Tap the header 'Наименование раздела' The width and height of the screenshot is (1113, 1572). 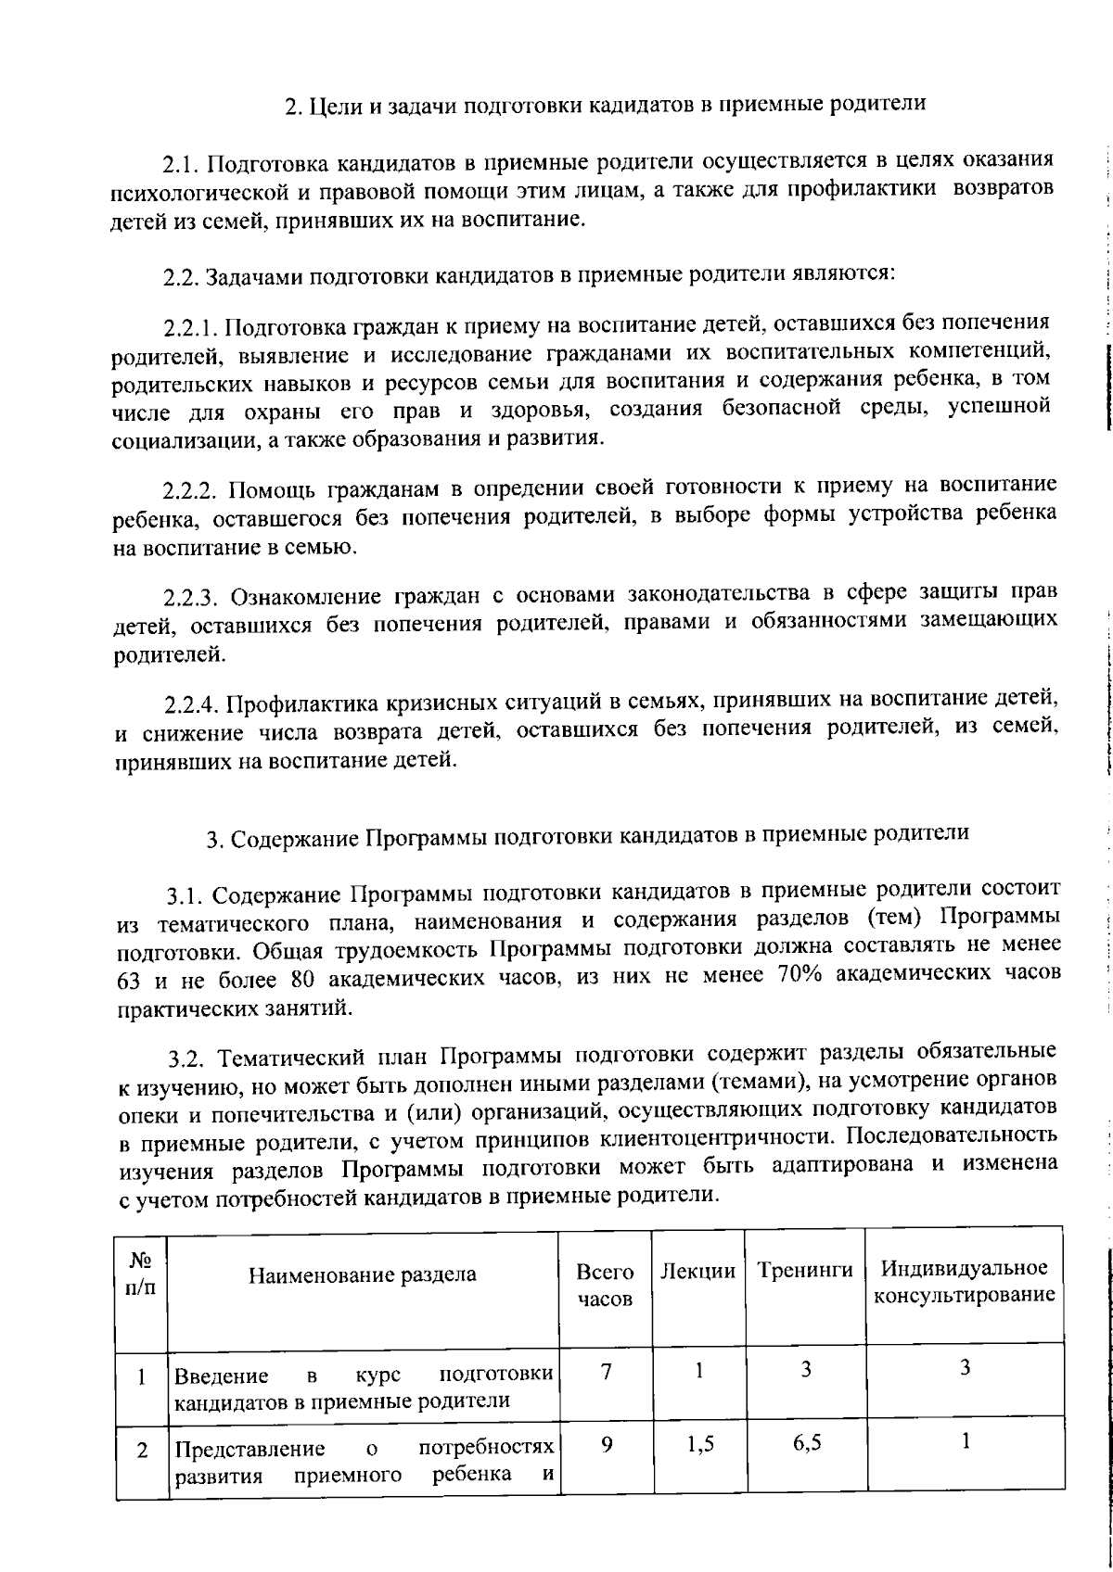pos(362,1274)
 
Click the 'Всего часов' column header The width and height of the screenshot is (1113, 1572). pos(605,1284)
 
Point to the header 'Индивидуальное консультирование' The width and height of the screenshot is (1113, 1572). pos(965,1281)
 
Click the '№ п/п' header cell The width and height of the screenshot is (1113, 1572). pos(140,1274)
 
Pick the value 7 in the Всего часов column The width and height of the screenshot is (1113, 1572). pos(606,1372)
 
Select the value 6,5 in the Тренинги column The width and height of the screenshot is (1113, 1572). pos(806,1444)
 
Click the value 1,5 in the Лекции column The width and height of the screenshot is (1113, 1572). pos(698,1444)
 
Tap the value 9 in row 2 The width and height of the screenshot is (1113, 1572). pos(606,1444)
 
